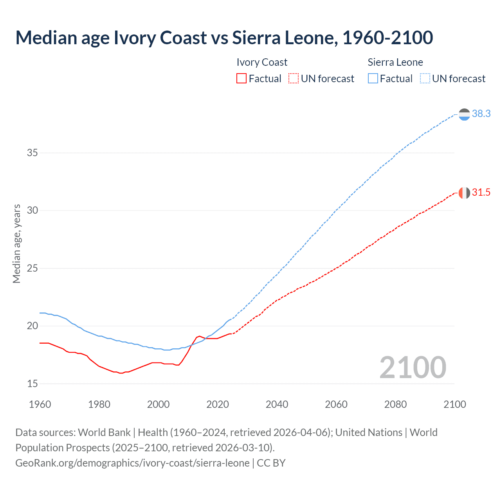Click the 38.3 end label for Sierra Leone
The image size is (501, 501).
coord(481,114)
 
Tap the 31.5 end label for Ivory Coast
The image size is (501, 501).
coord(481,193)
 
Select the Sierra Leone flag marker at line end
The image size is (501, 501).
coord(464,114)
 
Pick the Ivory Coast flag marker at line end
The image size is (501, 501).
coord(464,193)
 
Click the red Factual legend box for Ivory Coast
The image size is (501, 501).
coord(241,79)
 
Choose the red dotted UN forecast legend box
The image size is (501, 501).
coord(294,79)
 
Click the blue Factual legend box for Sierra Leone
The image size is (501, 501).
coord(373,79)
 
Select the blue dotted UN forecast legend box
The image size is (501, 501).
coord(425,79)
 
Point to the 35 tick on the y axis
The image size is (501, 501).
coord(32,153)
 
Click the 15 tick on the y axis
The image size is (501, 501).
coord(32,384)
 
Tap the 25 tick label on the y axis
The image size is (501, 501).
coord(32,269)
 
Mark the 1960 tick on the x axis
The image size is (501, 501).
coord(40,404)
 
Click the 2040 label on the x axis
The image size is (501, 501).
coord(277,404)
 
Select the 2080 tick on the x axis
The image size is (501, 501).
coord(395,404)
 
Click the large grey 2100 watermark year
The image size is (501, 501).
coord(413,368)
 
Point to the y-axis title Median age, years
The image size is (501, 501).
coord(16,243)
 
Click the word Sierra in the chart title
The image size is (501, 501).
coord(256,38)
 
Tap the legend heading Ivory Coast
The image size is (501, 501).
coord(262,62)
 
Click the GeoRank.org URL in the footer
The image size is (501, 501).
coord(132,463)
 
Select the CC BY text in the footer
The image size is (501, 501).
coord(271,463)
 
